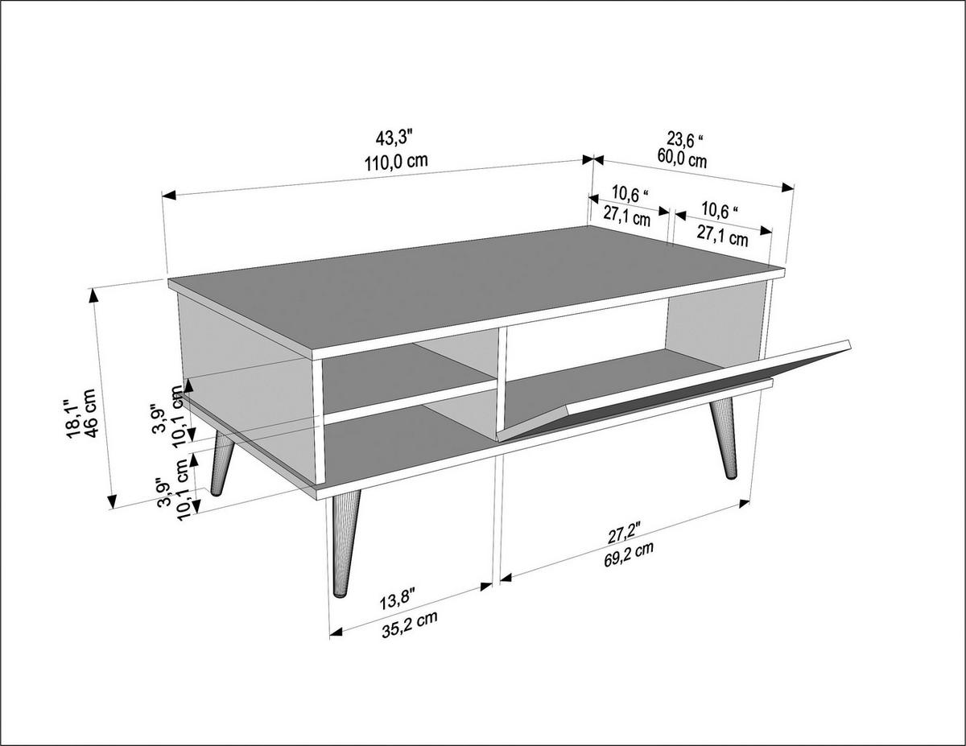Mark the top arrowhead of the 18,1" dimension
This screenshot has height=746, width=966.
pyautogui.click(x=95, y=295)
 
